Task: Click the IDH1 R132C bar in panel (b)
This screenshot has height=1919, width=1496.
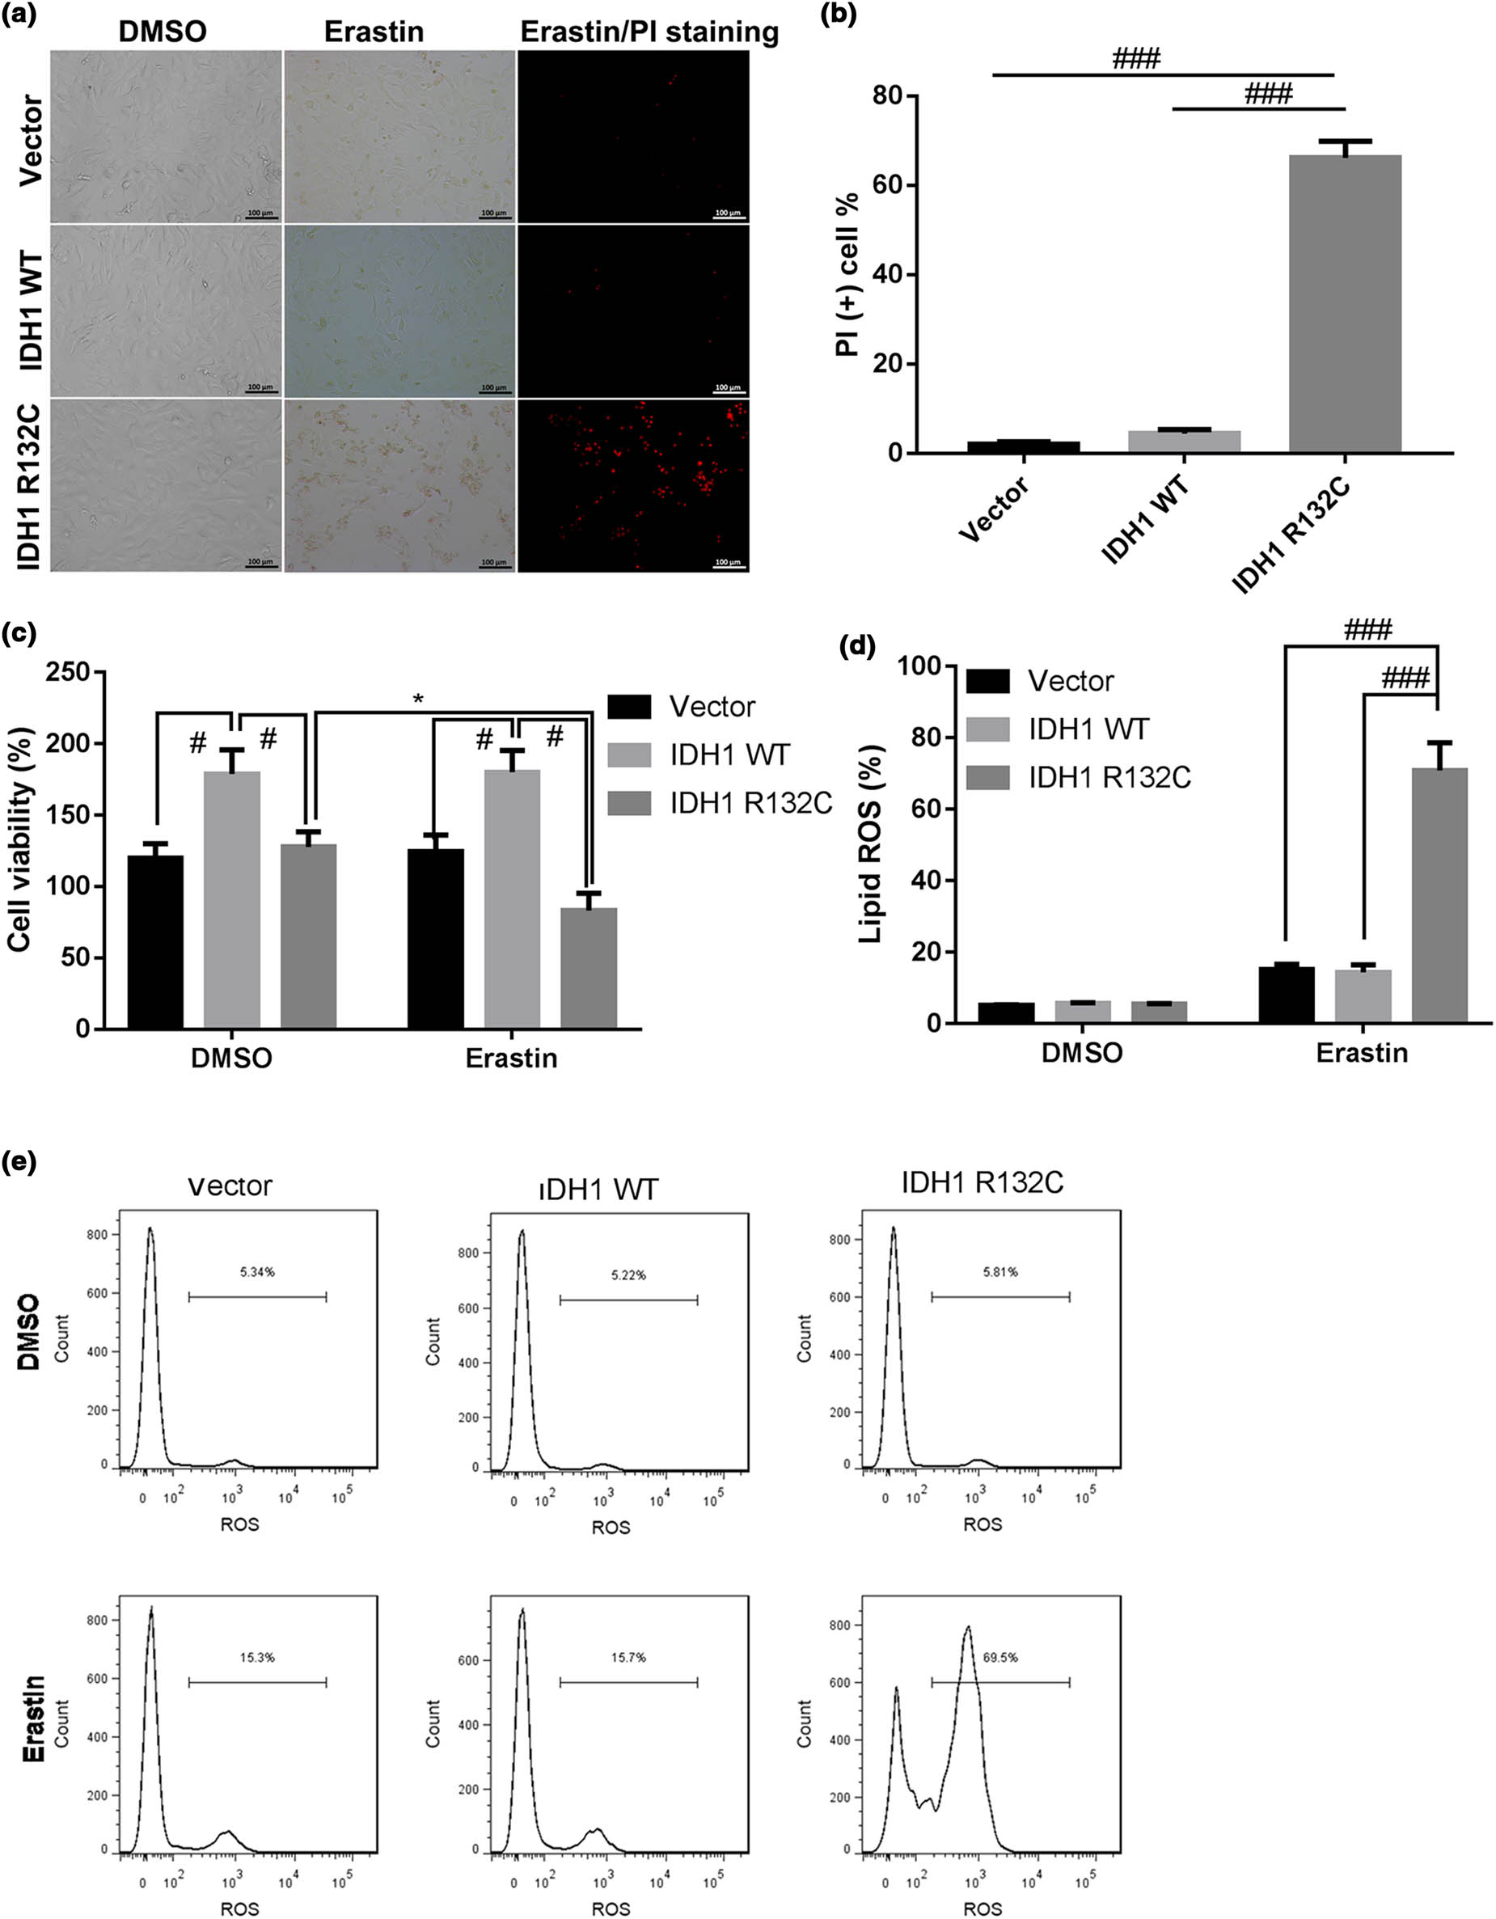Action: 1344,303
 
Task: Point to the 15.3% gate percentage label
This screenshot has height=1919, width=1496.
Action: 258,1656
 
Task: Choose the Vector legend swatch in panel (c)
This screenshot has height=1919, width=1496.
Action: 629,707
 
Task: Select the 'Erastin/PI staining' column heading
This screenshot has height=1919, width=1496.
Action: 649,32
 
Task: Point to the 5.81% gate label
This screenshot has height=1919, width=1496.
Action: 1000,1271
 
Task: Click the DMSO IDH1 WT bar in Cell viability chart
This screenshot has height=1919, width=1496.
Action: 232,900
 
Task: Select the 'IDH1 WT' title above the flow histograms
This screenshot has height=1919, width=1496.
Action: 598,1189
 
